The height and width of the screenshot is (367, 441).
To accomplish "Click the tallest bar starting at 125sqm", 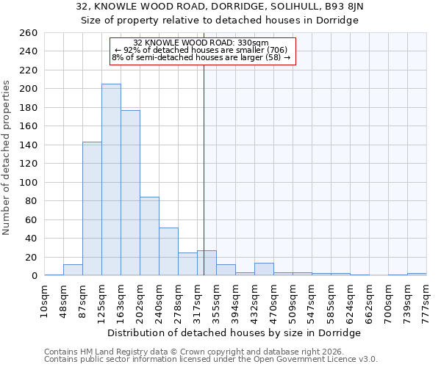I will pos(111,180).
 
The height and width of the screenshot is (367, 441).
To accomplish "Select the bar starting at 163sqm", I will pos(130,193).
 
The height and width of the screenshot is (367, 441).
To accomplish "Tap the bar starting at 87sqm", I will pos(92,208).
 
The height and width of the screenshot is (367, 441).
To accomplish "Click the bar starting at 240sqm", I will pos(168,252).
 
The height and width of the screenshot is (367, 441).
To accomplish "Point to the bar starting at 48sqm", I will pos(73,270).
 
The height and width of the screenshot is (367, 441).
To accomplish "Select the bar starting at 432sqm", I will pos(264,269).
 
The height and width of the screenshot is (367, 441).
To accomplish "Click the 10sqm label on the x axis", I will pos(44,300).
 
